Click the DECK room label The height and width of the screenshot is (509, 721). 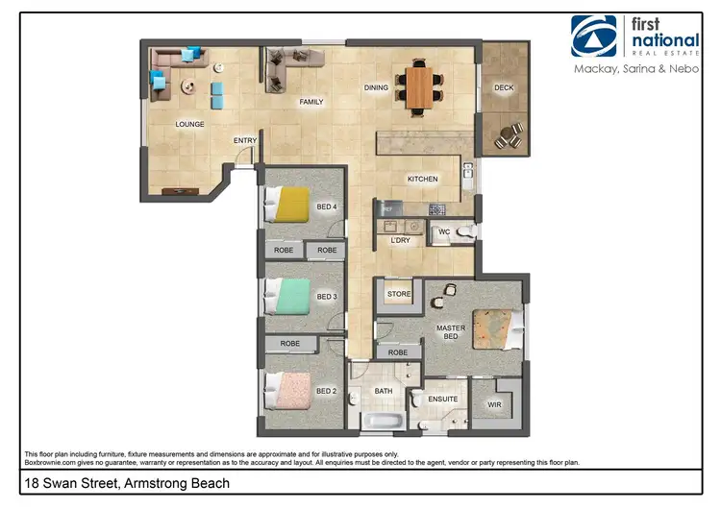pyautogui.click(x=504, y=88)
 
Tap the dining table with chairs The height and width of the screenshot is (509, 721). pyautogui.click(x=420, y=85)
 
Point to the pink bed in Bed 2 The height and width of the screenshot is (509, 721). pyautogui.click(x=289, y=388)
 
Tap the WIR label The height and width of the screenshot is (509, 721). pyautogui.click(x=494, y=405)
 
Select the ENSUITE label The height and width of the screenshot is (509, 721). pyautogui.click(x=442, y=399)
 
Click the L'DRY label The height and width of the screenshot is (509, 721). pyautogui.click(x=400, y=241)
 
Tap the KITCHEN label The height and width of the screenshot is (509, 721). pyautogui.click(x=422, y=180)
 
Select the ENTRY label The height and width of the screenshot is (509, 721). pyautogui.click(x=245, y=141)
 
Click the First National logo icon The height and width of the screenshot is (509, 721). pyautogui.click(x=594, y=36)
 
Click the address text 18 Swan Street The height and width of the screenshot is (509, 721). pyautogui.click(x=127, y=484)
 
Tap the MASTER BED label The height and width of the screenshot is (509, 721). pyautogui.click(x=450, y=332)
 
